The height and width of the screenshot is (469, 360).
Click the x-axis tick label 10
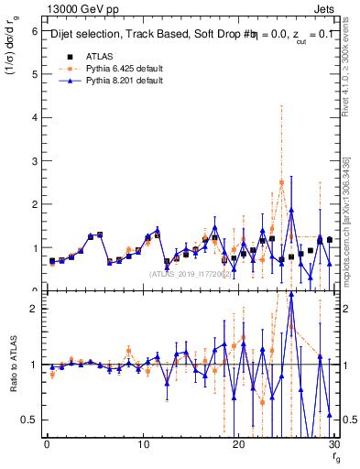pos(143,443)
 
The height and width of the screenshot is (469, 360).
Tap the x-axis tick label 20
pos(238,443)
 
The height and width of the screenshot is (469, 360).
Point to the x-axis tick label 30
pos(333,443)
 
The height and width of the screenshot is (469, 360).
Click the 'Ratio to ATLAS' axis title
pos(13,364)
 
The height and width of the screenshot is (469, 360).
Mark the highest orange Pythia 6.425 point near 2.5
pos(281,183)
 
